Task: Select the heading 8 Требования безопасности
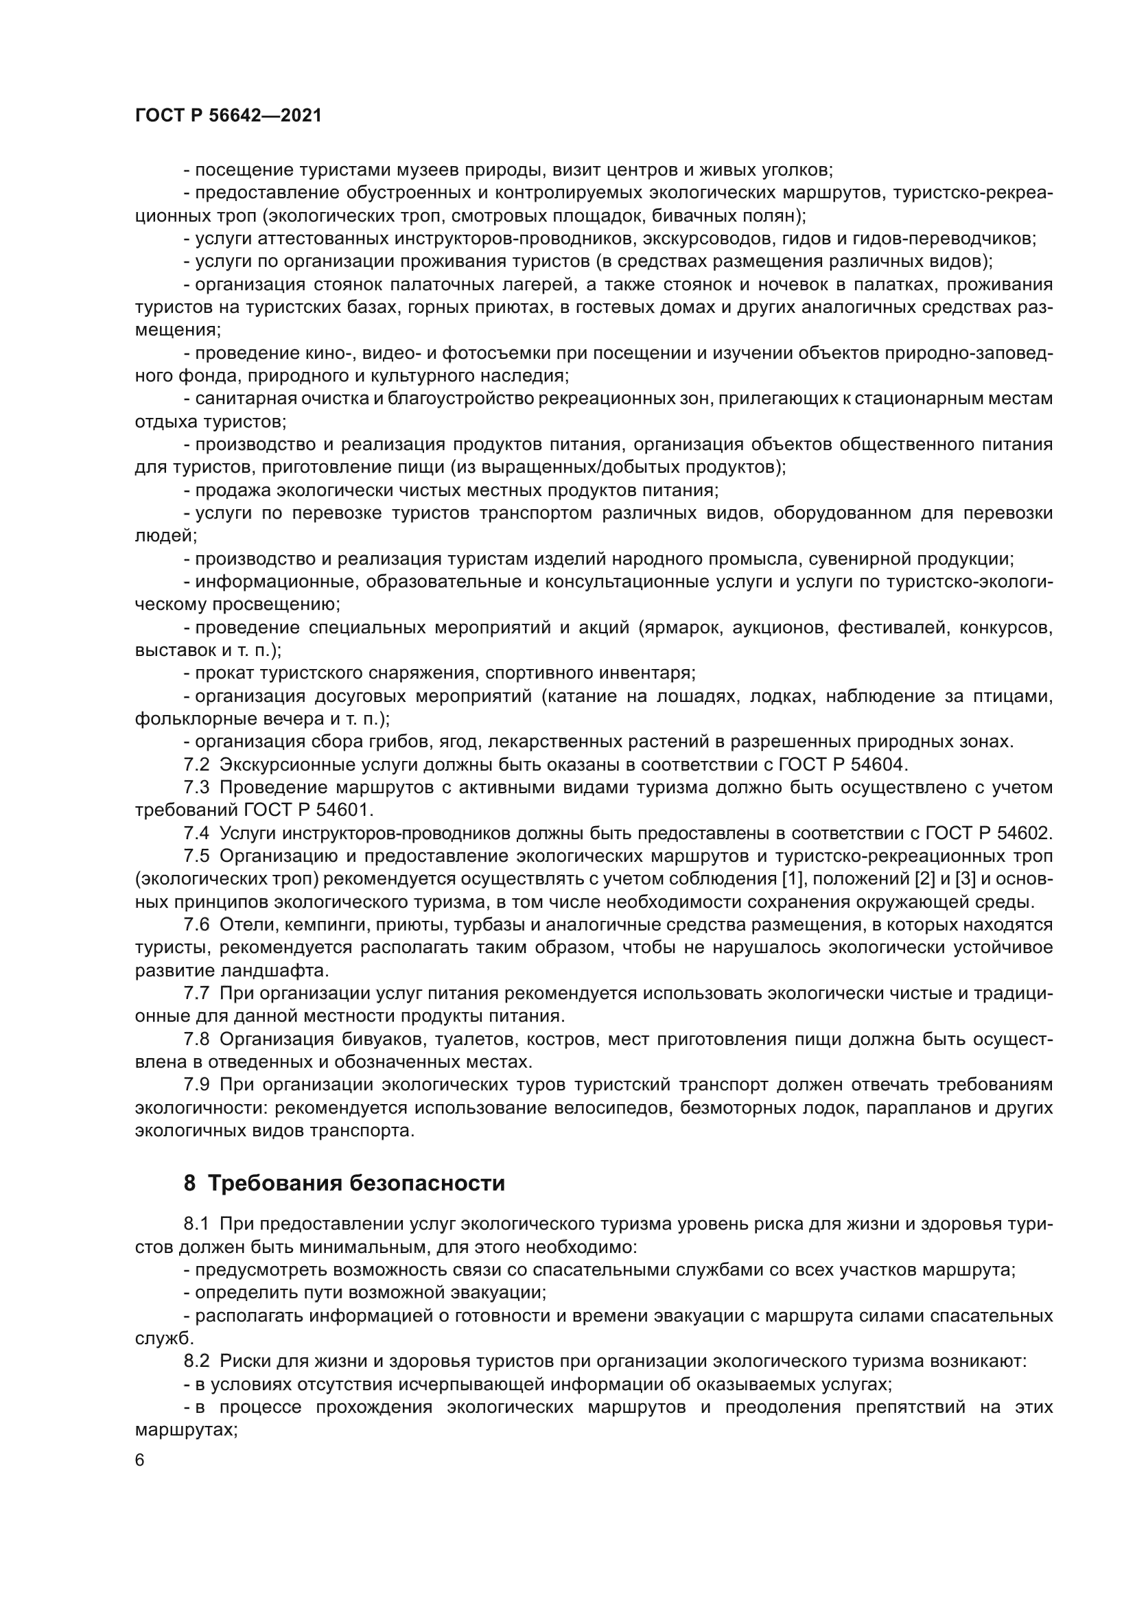coord(344,1184)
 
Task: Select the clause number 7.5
coord(196,856)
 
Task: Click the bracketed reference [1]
coord(791,879)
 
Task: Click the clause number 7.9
coord(196,1084)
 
